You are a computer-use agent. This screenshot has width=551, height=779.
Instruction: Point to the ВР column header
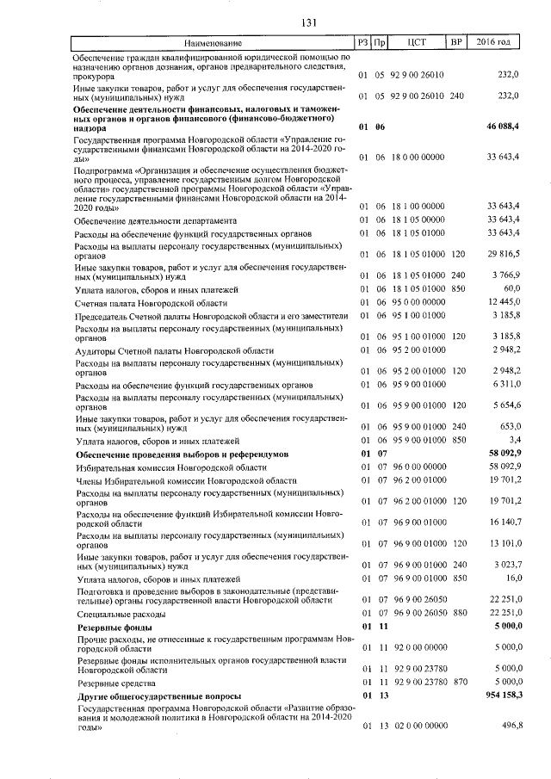456,42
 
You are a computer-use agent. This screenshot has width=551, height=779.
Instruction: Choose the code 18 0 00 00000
418,158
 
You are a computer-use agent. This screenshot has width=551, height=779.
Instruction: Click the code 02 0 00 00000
418,726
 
